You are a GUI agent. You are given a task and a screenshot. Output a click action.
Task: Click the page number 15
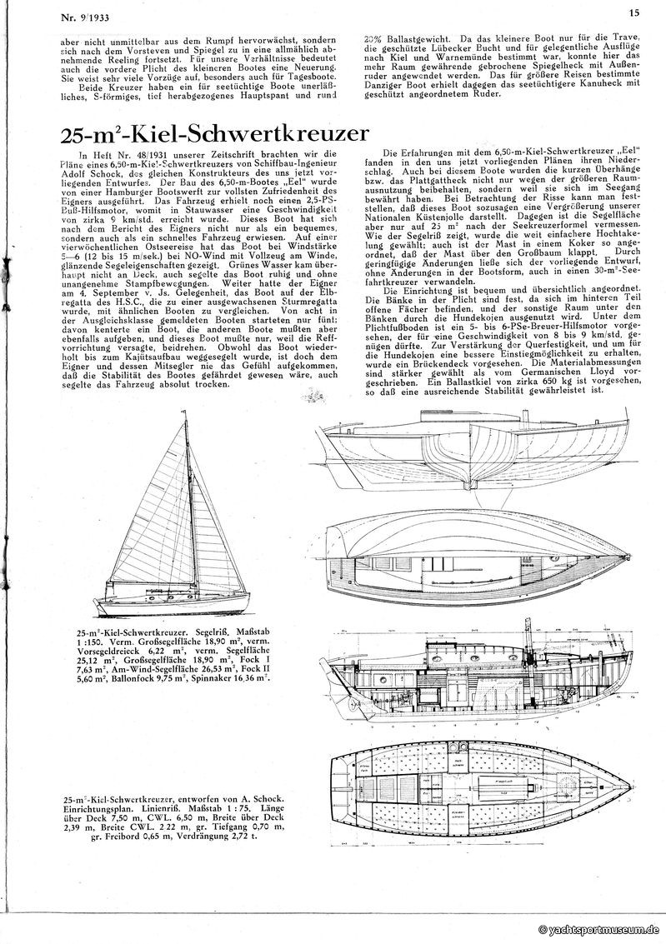[x=633, y=12]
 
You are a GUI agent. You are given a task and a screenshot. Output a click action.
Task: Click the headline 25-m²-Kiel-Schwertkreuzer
[x=215, y=134]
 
